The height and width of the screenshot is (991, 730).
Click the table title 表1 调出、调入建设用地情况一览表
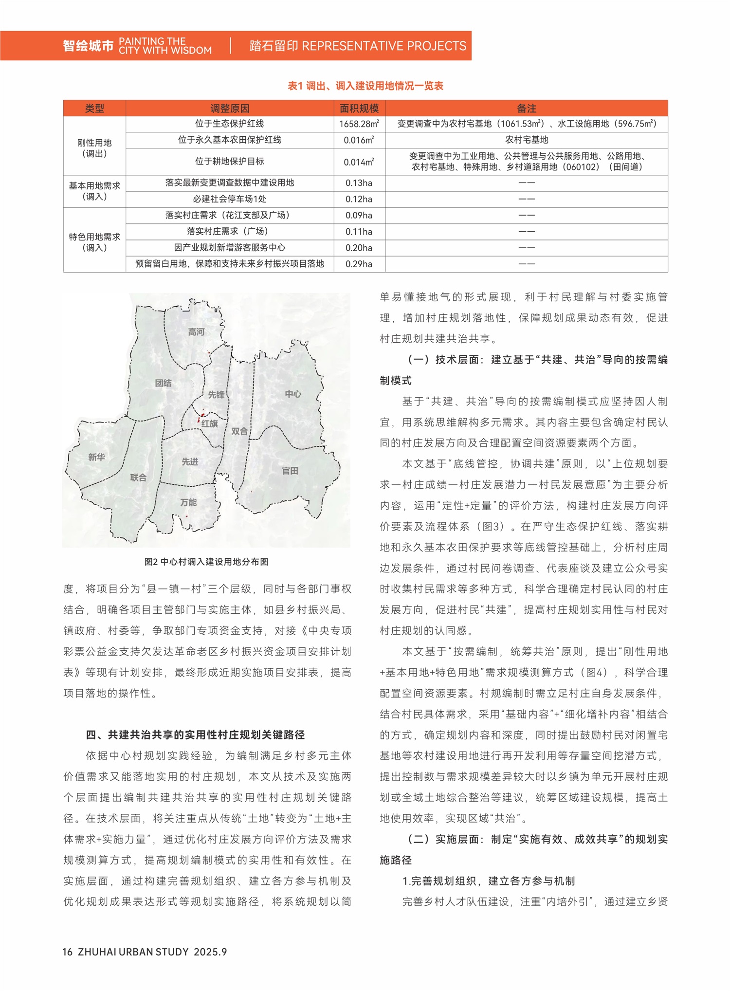pos(365,86)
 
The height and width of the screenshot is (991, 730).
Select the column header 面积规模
pos(359,109)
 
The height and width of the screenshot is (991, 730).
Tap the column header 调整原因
pos(230,109)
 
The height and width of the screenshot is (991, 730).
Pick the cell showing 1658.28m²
pos(359,124)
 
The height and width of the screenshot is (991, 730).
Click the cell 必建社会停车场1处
pos(230,199)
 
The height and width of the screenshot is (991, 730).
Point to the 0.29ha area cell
pos(359,264)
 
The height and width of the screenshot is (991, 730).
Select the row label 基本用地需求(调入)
pos(94,191)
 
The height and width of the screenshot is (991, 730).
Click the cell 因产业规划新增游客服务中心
pos(230,248)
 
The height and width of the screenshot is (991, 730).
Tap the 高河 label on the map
pos(196,332)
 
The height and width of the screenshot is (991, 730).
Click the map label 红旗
pos(210,423)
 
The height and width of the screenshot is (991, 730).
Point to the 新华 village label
pos(96,457)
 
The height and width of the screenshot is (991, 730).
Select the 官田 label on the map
pos(290,471)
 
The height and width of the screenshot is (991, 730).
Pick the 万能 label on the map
pos(188,502)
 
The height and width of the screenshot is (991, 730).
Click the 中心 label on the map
pos(293,394)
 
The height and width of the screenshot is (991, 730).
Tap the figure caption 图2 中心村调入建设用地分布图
pos(206,562)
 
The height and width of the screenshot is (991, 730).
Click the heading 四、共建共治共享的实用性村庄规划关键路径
pos(195,734)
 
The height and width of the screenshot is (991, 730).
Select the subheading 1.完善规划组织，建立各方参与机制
pos(488,881)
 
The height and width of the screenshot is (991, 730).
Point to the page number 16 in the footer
pos(68,952)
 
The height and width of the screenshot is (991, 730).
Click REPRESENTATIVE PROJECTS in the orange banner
pos(384,46)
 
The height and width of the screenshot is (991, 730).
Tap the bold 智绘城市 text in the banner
pos(88,46)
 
